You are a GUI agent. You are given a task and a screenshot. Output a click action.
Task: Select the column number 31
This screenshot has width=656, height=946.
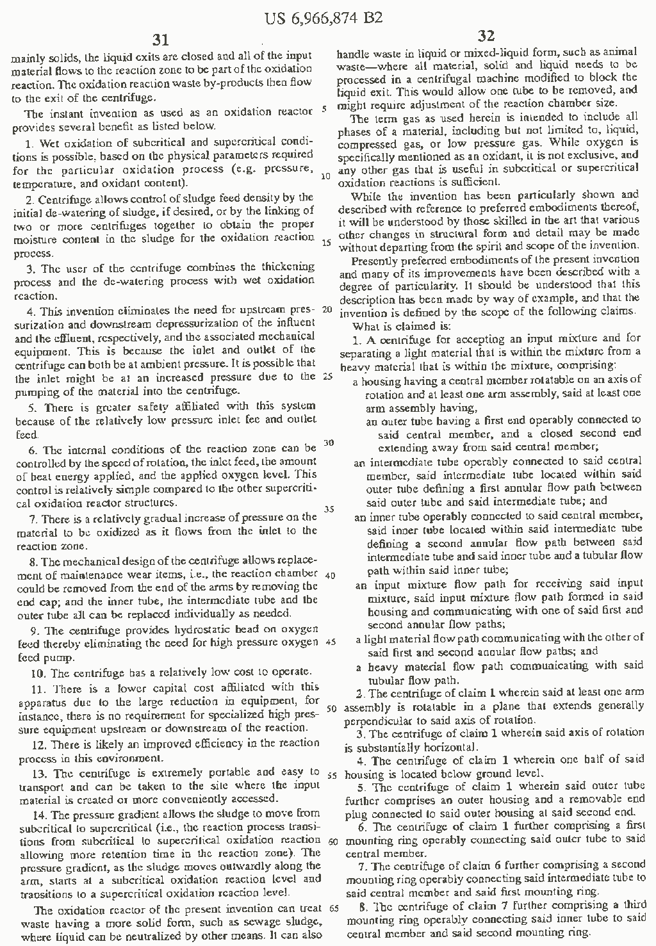pos(162,40)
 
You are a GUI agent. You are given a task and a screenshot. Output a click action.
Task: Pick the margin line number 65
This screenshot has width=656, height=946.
pos(333,907)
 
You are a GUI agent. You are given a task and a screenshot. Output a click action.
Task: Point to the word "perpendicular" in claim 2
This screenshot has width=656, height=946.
pos(373,719)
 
